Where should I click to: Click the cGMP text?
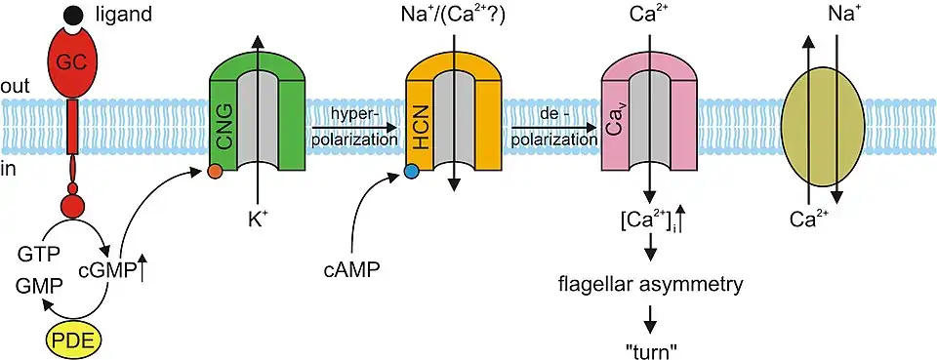pos(107,270)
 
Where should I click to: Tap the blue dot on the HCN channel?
pos(411,172)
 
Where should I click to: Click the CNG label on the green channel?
pos(225,129)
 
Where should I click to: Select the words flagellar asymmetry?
pos(650,285)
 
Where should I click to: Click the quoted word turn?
pos(650,350)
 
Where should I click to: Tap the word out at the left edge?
pos(15,86)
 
